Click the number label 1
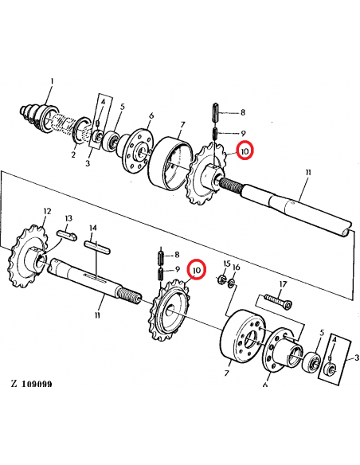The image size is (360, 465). point(52,81)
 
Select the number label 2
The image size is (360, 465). point(72,154)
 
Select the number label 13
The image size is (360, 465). point(68,218)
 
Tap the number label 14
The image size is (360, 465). point(93,228)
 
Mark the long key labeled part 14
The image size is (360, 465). point(97,246)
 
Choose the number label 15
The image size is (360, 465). point(226,264)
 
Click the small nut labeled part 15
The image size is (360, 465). point(221,279)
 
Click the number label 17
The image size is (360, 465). point(282,285)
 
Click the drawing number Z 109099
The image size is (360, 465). point(32,384)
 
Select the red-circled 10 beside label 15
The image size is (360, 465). point(195,271)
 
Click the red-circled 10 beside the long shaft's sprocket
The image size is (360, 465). point(245,150)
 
